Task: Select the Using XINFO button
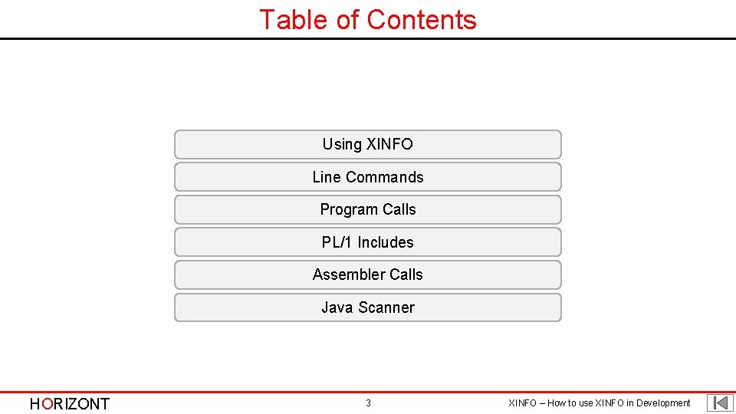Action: pyautogui.click(x=368, y=144)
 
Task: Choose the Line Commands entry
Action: pyautogui.click(x=368, y=177)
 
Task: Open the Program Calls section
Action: pyautogui.click(x=368, y=209)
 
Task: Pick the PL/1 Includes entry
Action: pyautogui.click(x=368, y=242)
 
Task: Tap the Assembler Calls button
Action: pyautogui.click(x=368, y=274)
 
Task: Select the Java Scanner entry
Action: pyautogui.click(x=368, y=307)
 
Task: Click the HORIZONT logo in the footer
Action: pyautogui.click(x=70, y=404)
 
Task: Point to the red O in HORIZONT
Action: pyautogui.click(x=48, y=404)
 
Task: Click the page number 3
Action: pyautogui.click(x=368, y=403)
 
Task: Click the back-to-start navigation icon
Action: pyautogui.click(x=720, y=403)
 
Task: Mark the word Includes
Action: pyautogui.click(x=386, y=242)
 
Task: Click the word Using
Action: pyautogui.click(x=342, y=144)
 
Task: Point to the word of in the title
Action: pyautogui.click(x=348, y=19)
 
